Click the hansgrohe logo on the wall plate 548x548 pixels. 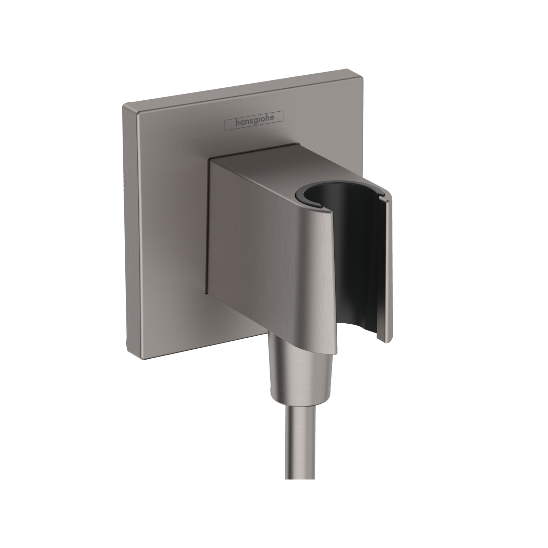(x=254, y=121)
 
